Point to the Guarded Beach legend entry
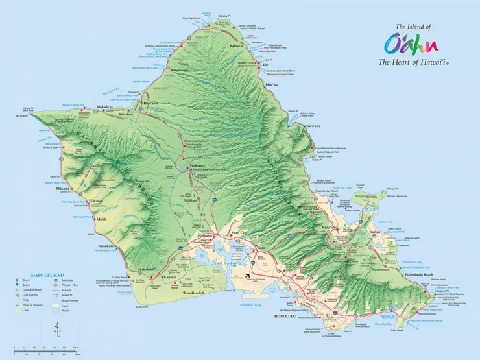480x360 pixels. (x=31, y=290)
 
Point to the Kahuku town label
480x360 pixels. (x=234, y=46)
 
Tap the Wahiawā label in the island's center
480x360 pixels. (x=197, y=166)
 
